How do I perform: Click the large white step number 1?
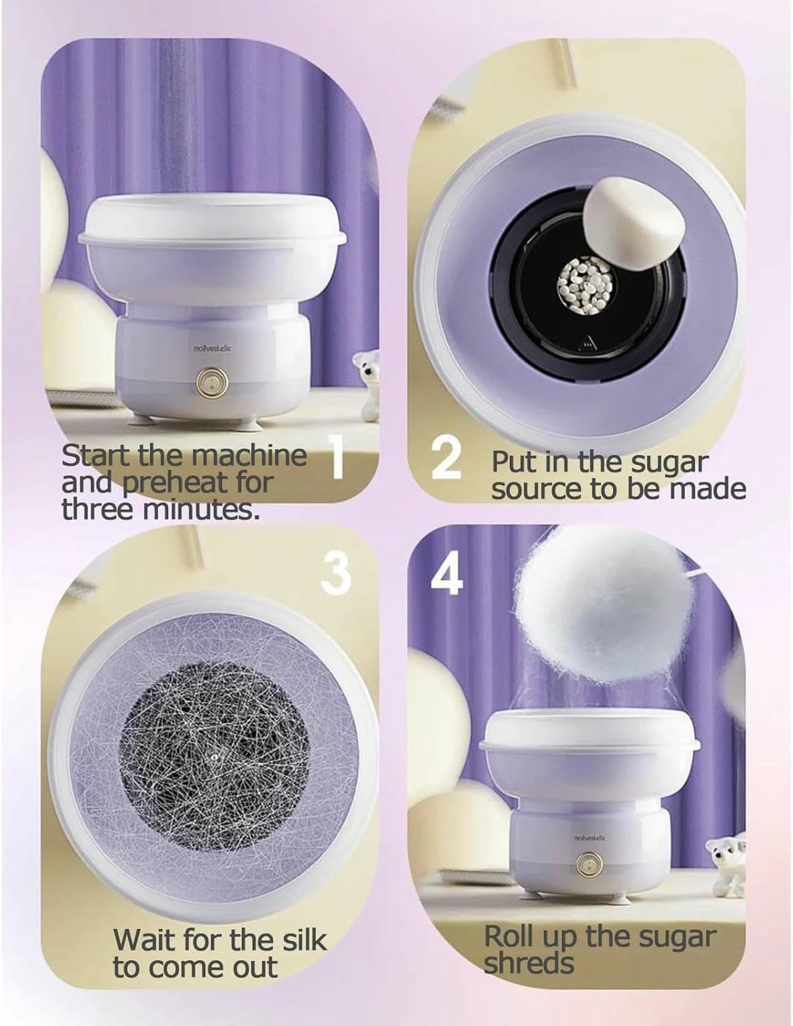pos(337,457)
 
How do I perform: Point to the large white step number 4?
pos(446,575)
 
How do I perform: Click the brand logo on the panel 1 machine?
pos(212,349)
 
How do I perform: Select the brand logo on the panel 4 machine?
pos(588,837)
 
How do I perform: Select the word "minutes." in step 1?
pos(201,509)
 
